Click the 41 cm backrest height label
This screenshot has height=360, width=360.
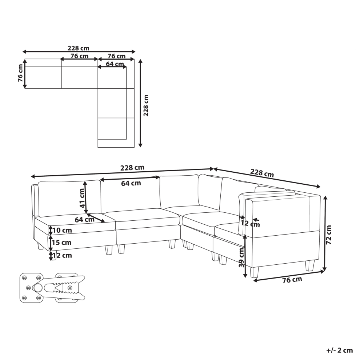82,198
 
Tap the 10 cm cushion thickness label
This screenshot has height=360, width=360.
62,230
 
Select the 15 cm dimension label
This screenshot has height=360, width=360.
61,243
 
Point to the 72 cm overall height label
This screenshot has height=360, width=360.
329,235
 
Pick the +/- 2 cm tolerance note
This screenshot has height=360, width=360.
340,350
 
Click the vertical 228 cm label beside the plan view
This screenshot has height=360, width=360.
146,105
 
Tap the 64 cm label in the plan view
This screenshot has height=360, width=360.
115,64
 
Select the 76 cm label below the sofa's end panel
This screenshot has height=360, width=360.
292,280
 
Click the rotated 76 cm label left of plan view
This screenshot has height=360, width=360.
20,73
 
